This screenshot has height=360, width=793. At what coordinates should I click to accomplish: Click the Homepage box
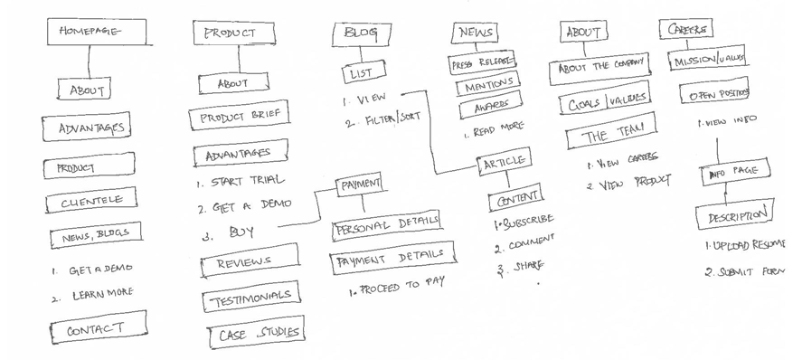(89, 32)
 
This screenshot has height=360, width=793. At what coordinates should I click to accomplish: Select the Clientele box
(86, 202)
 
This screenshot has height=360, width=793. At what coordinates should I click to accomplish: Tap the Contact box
(95, 329)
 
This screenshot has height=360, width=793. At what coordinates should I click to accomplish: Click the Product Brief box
(239, 118)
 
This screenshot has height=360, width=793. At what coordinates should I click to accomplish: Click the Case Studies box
(259, 334)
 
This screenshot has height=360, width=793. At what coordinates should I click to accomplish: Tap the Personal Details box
(385, 223)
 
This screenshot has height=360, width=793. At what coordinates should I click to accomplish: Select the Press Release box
(483, 62)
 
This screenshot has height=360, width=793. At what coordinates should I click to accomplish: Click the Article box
(504, 163)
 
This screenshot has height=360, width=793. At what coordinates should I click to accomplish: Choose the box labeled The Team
(607, 137)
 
